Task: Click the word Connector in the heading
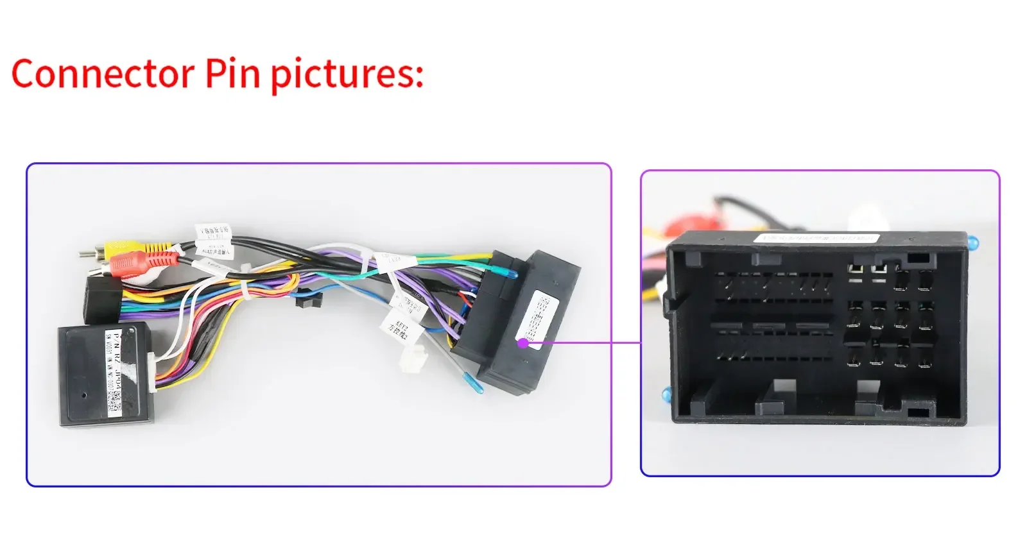coord(103,74)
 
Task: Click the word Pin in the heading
coord(233,74)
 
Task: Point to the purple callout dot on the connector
coord(523,343)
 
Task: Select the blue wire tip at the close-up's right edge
coord(974,243)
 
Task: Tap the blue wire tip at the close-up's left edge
coord(666,394)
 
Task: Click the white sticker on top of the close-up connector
coord(815,238)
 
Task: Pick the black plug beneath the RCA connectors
coord(103,300)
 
